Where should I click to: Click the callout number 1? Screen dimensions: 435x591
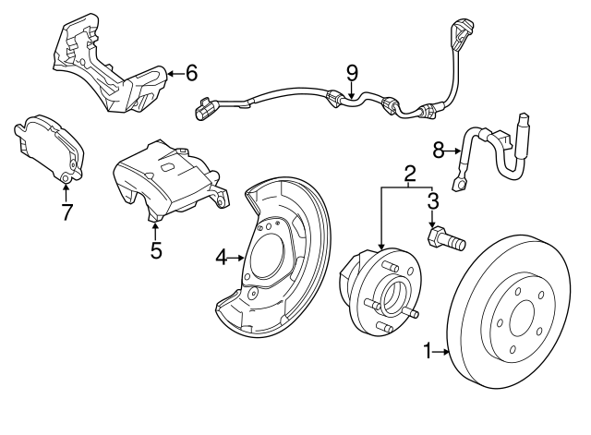(428, 350)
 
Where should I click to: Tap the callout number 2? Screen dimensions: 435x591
(409, 172)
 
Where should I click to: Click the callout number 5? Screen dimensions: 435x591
(156, 249)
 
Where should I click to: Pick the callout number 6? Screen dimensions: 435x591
(191, 71)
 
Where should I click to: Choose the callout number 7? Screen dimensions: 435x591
(66, 213)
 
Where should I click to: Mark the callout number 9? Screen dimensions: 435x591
(351, 71)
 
